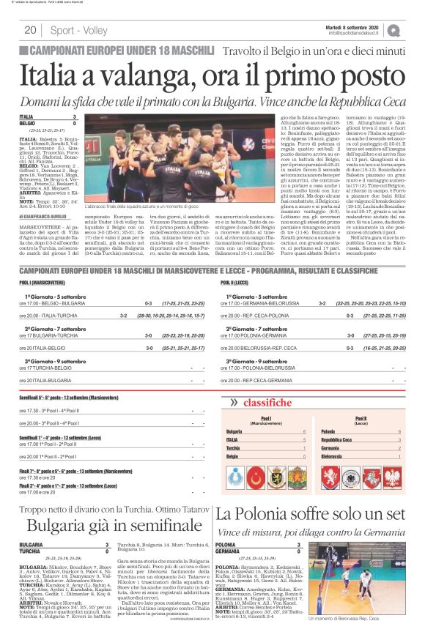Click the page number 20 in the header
click(30, 30)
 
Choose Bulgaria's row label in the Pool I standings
click(234, 433)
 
